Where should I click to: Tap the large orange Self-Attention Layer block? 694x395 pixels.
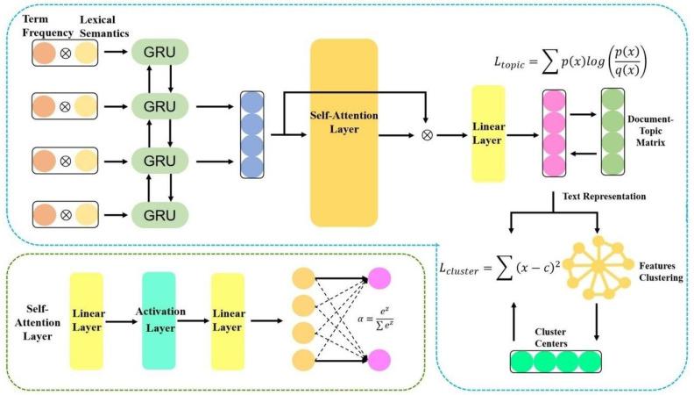click(343, 133)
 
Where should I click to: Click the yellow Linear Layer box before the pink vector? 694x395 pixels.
click(489, 133)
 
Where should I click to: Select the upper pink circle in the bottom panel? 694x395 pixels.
click(380, 278)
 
